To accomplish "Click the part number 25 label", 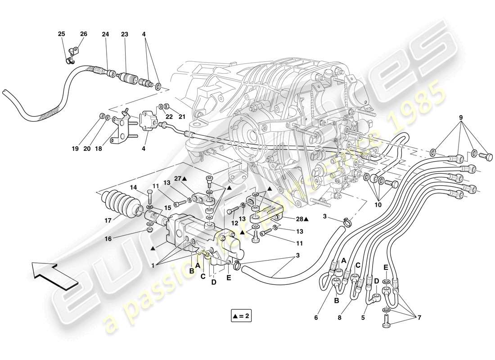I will tap(61, 34).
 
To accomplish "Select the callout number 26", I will tap(83, 34).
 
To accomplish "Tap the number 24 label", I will tap(105, 34).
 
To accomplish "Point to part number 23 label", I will tap(125, 34).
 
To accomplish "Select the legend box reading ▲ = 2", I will tap(240, 316).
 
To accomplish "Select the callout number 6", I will tap(316, 318).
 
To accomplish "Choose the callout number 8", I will tap(340, 318).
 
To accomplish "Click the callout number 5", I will tap(362, 318).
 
